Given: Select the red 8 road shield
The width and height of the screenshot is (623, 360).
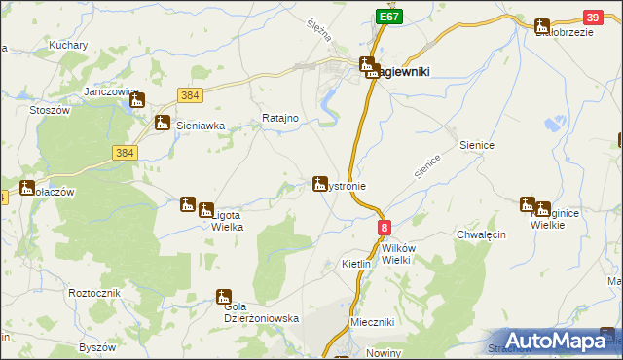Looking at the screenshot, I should pyautogui.click(x=385, y=228).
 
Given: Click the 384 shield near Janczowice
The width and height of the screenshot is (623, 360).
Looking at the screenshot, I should pyautogui.click(x=189, y=94).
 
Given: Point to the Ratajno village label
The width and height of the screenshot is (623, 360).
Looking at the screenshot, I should pyautogui.click(x=279, y=119).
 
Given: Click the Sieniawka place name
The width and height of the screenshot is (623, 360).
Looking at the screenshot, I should pyautogui.click(x=201, y=126).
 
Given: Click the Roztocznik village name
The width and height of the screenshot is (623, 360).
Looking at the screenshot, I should pyautogui.click(x=93, y=293).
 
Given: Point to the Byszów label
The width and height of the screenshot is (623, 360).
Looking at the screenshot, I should pyautogui.click(x=97, y=347).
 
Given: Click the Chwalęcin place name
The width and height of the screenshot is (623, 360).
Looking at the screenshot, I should pyautogui.click(x=478, y=234).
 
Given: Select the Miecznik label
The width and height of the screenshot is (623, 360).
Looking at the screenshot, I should pyautogui.click(x=371, y=322).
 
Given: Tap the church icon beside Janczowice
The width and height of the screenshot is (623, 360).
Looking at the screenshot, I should pyautogui.click(x=137, y=99).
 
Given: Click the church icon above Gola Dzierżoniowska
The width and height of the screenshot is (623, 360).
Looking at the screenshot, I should pyautogui.click(x=224, y=297).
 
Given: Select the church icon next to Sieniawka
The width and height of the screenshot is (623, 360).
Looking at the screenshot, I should pyautogui.click(x=163, y=123).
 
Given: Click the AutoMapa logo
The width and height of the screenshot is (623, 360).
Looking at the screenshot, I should pyautogui.click(x=554, y=341).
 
